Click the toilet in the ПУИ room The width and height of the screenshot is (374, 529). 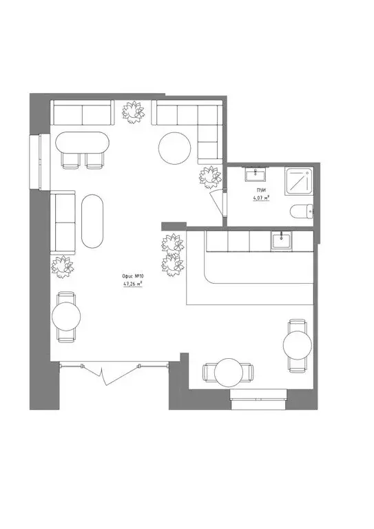pyautogui.click(x=302, y=211)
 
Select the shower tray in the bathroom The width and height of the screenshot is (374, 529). pyautogui.click(x=299, y=181)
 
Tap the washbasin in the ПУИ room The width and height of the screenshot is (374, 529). pyautogui.click(x=256, y=174)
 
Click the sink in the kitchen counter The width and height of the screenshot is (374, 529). pyautogui.click(x=281, y=241)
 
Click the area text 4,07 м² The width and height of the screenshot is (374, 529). pyautogui.click(x=261, y=198)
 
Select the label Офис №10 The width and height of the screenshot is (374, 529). pyautogui.click(x=133, y=276)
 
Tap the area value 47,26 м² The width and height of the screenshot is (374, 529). pyautogui.click(x=133, y=284)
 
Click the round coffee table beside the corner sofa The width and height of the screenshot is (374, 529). pyautogui.click(x=175, y=148)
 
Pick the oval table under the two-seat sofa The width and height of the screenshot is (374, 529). pyautogui.click(x=82, y=143)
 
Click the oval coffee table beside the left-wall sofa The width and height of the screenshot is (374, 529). pyautogui.click(x=92, y=221)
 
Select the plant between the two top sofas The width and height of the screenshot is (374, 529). pyautogui.click(x=133, y=112)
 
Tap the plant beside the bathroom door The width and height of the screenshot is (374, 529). pyautogui.click(x=210, y=177)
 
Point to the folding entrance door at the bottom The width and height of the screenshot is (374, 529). pyautogui.click(x=113, y=372)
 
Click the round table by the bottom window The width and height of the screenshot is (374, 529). pyautogui.click(x=229, y=373)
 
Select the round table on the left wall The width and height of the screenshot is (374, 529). pyautogui.click(x=66, y=316)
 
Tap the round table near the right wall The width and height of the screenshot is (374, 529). pyautogui.click(x=298, y=345)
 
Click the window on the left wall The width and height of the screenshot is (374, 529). pyautogui.click(x=40, y=161)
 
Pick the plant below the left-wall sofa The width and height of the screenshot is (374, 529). pyautogui.click(x=63, y=267)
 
